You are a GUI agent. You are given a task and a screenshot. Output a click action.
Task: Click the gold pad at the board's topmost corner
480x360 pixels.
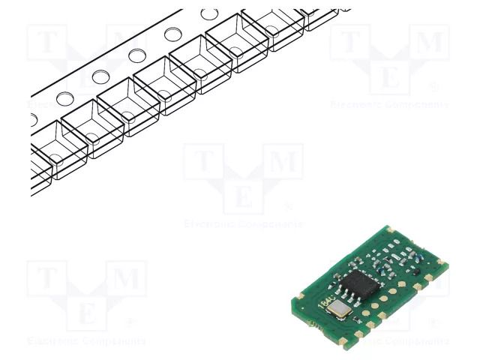388,226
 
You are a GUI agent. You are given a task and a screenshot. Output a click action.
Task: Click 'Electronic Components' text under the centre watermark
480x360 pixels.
244,223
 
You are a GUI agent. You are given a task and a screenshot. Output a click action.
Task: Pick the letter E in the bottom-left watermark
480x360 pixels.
87,316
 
